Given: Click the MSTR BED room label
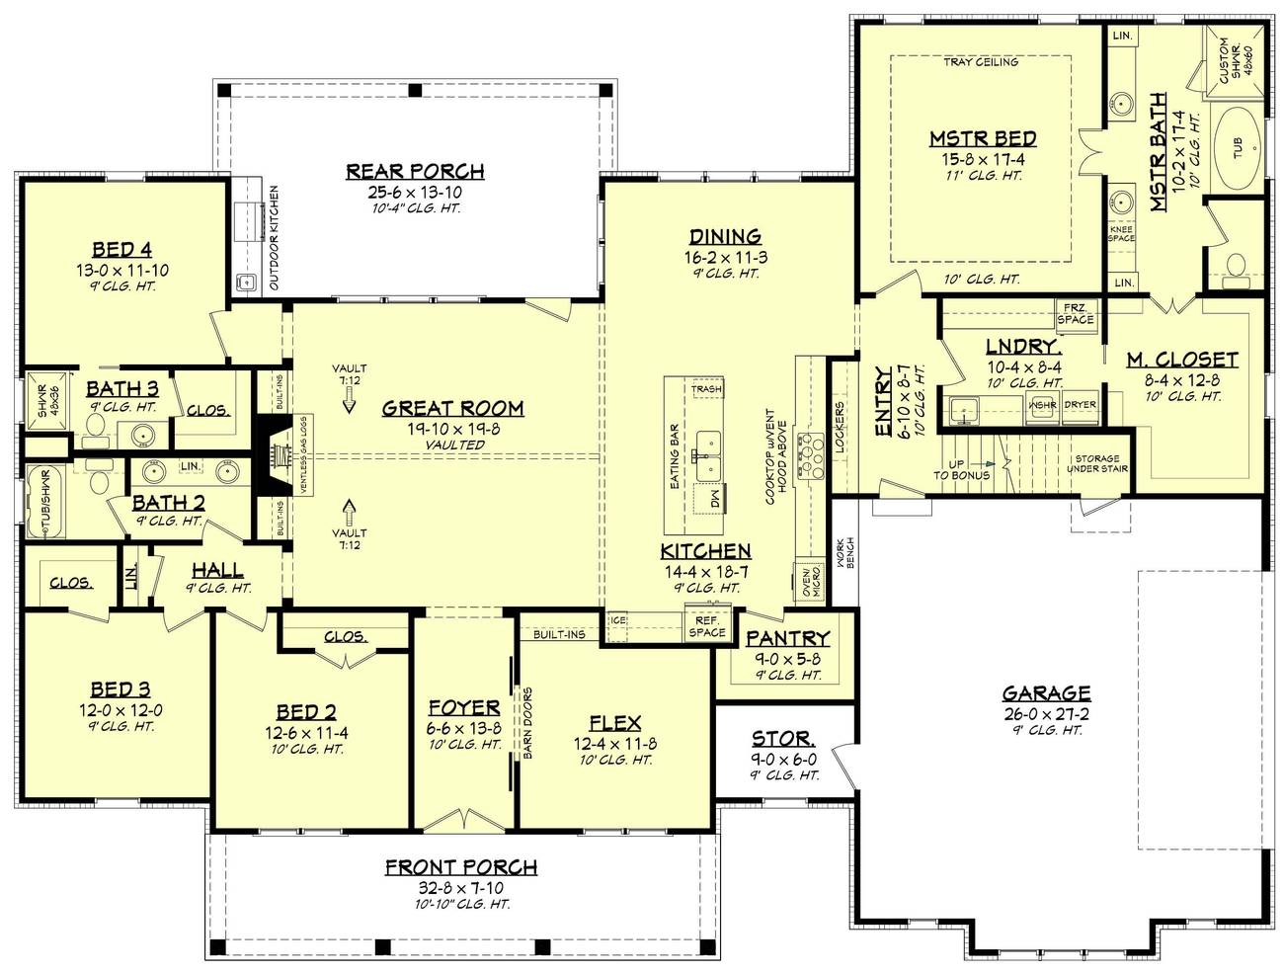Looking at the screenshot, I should point(982,139).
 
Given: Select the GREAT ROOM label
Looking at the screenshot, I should point(452,408).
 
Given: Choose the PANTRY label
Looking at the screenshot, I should point(787,639).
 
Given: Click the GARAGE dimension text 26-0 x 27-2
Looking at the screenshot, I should point(1046,713).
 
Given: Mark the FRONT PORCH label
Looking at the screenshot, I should point(461,867).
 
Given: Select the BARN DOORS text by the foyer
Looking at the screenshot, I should point(528,721).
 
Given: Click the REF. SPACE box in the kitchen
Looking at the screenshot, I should point(707,625).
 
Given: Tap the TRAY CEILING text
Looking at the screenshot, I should point(980,62).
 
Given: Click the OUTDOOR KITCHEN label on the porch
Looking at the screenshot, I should point(274,237).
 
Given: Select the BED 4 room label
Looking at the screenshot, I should point(121,249).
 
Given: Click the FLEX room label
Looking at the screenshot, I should point(614,723).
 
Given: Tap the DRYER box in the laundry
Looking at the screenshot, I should point(1080,405).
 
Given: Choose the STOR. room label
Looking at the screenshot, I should point(783,739).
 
